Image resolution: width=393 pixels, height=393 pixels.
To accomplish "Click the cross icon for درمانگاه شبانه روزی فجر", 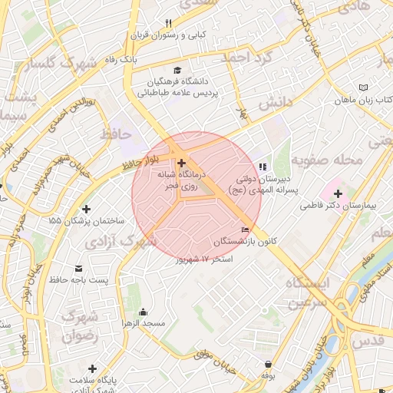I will (181, 163).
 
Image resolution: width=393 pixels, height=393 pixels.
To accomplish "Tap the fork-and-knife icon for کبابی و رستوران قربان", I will (169, 23).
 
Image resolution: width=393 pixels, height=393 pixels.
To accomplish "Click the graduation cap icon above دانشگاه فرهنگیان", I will (178, 69).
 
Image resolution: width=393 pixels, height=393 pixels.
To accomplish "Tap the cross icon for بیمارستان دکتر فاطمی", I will (338, 193).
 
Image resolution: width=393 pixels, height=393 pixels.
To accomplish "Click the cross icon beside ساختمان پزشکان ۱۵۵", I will (86, 209).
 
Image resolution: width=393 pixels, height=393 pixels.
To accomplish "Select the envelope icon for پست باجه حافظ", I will (80, 268).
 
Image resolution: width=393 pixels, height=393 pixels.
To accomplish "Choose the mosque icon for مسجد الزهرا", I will (143, 312).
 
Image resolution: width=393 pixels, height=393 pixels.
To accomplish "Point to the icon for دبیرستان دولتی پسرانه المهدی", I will (263, 166).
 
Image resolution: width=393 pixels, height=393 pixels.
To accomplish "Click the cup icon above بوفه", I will (267, 364).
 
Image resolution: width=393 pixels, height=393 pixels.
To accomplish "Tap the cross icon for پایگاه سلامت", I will (93, 368).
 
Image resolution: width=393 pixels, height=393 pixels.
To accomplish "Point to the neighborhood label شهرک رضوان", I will (80, 325).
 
